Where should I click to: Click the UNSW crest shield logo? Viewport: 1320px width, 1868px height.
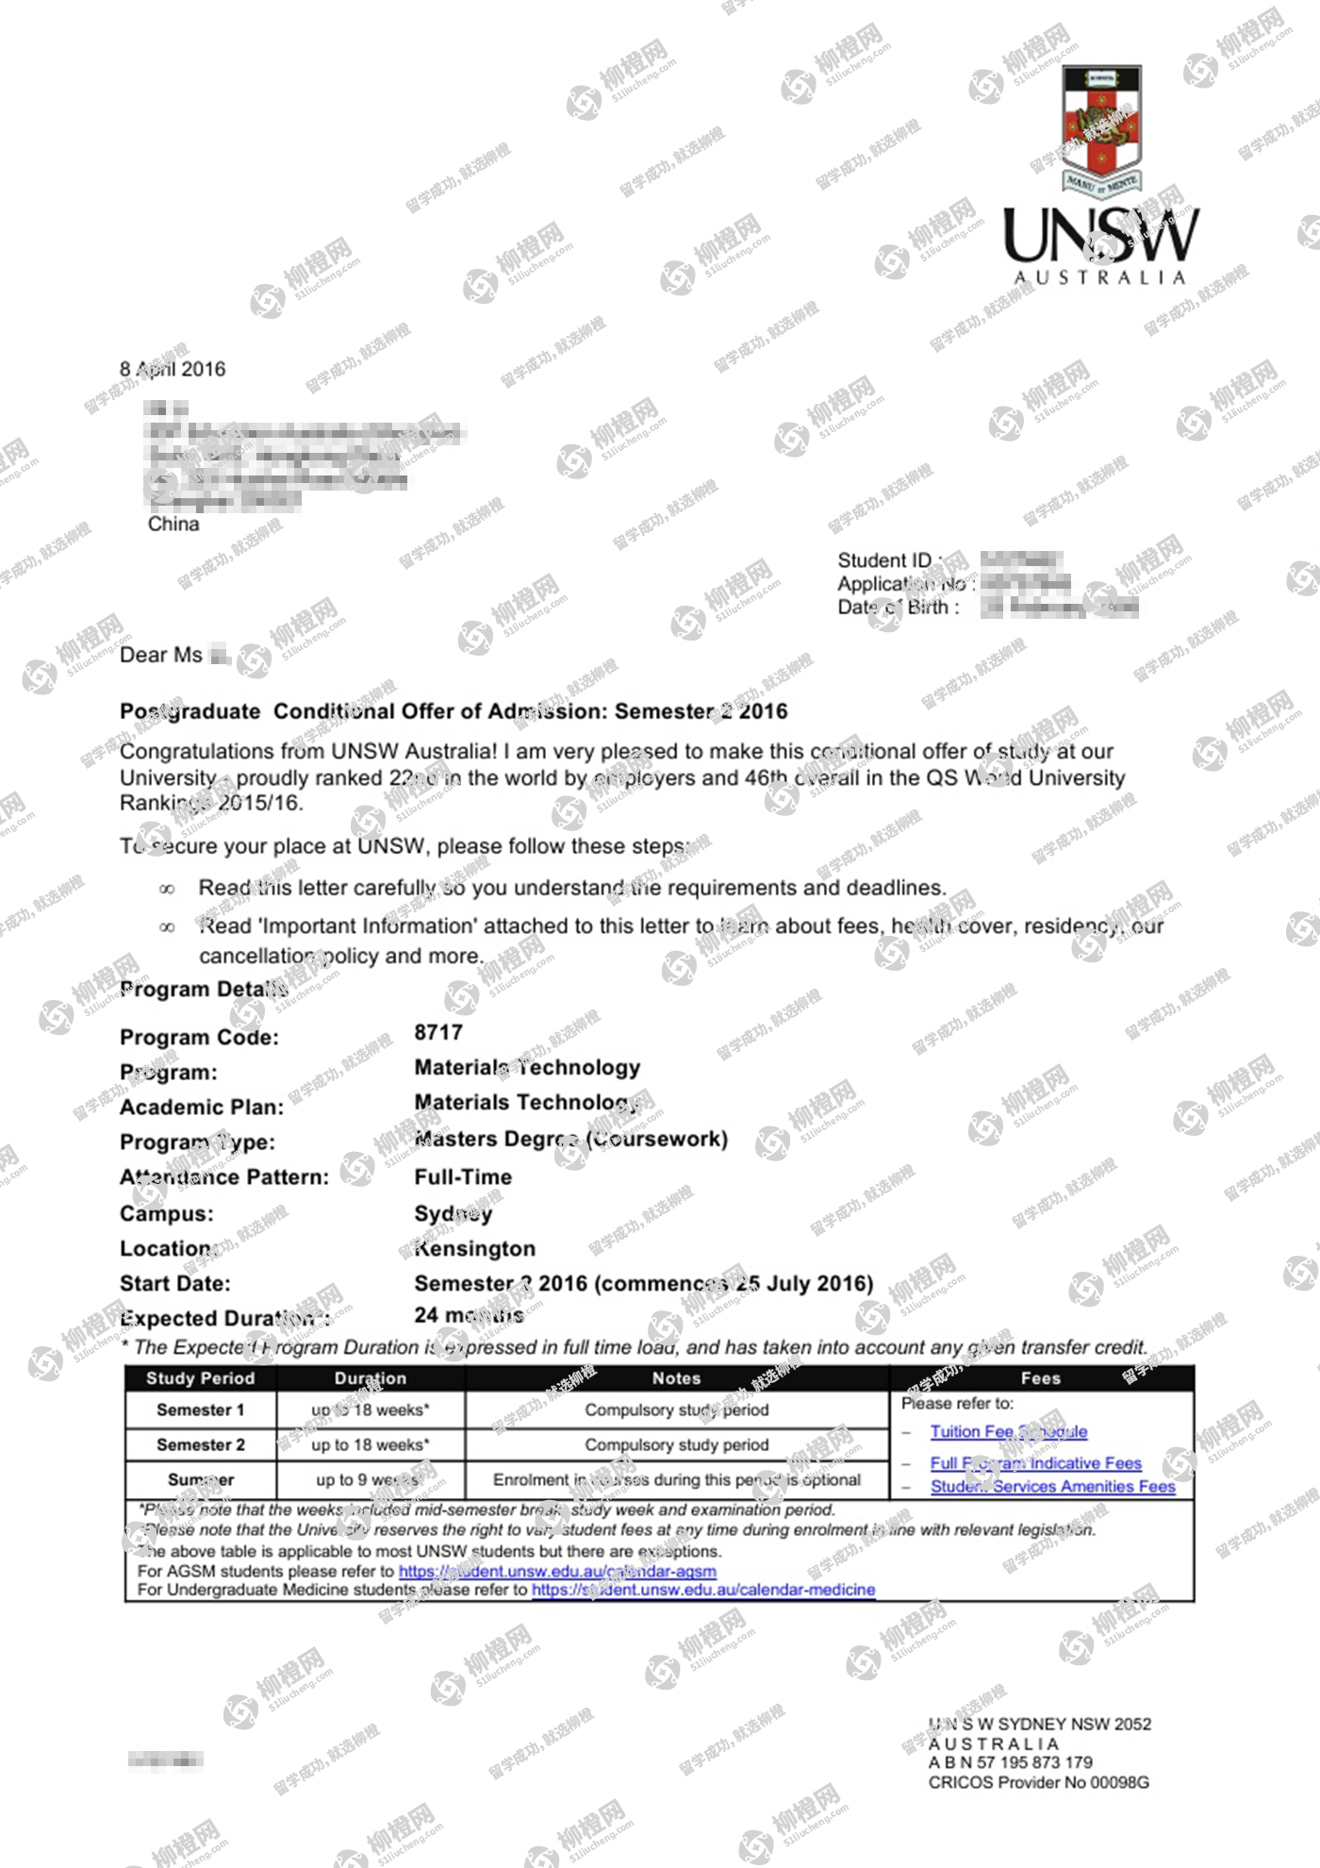[x=1102, y=127]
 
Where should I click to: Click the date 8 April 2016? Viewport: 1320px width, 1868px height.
[x=173, y=369]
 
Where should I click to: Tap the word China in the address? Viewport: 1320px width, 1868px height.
[x=173, y=525]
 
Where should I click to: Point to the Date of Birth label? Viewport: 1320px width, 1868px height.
[x=899, y=608]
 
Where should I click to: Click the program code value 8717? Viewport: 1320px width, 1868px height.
[x=438, y=1032]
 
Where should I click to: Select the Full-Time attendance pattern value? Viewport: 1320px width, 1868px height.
[x=463, y=1176]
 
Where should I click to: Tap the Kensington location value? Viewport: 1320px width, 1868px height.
[x=475, y=1249]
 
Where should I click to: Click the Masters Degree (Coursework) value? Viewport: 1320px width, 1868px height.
[x=571, y=1140]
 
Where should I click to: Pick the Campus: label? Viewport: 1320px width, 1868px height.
[x=167, y=1214]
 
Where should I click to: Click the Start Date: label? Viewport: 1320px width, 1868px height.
[x=174, y=1283]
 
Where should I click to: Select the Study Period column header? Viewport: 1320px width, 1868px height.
[x=200, y=1378]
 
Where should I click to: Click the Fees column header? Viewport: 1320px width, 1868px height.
[x=1041, y=1378]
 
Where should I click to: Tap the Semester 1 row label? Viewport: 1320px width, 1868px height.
[x=200, y=1410]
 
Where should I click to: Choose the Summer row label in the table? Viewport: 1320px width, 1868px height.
[x=200, y=1479]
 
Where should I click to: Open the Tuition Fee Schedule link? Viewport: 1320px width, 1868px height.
[x=1009, y=1432]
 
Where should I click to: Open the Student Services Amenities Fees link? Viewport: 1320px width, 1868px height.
[x=1052, y=1487]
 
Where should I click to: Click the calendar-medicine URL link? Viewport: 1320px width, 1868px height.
[x=703, y=1590]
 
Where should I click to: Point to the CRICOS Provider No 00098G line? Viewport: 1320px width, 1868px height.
[x=1038, y=1782]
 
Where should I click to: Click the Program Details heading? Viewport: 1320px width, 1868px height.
[x=204, y=989]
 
